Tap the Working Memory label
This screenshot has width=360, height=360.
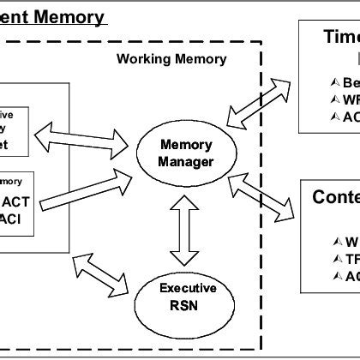171,59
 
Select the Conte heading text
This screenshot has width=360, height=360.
334,198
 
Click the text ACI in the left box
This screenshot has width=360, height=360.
13,221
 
